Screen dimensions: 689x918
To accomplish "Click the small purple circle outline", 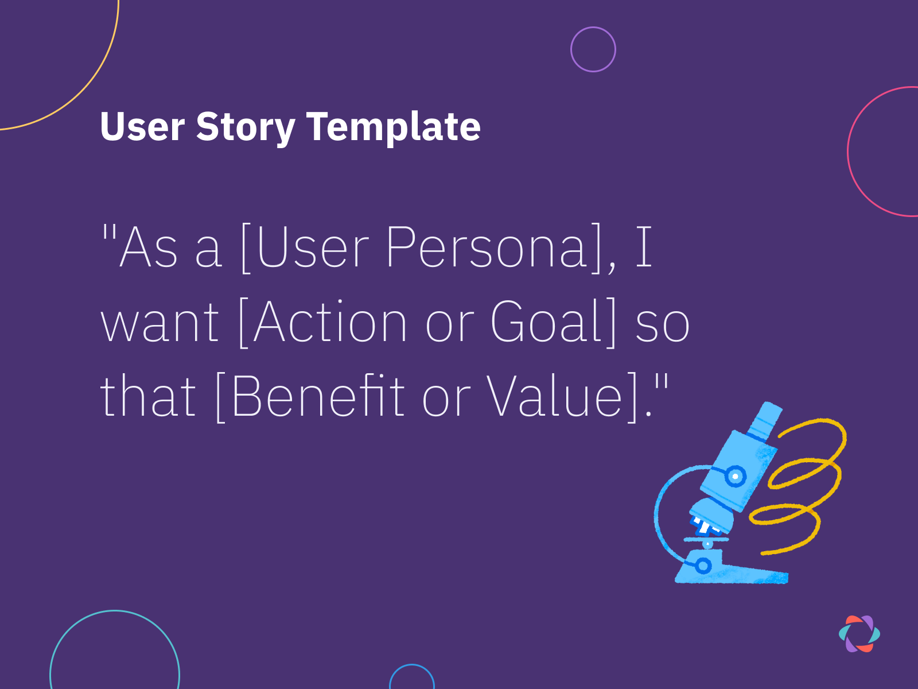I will (x=593, y=49).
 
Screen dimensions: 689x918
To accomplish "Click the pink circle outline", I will (x=849, y=152).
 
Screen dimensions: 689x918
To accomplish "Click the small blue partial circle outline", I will (x=411, y=665).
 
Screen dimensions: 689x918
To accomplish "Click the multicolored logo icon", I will (x=859, y=634).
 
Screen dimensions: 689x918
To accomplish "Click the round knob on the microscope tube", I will (x=735, y=476).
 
